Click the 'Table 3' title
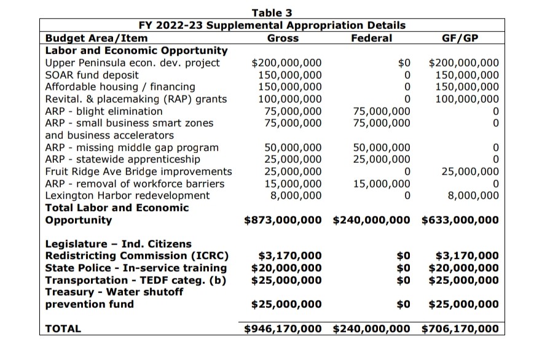coord(272,13)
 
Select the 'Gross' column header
coord(283,38)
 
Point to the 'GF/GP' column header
coord(461,38)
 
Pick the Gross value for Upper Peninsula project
coord(287,63)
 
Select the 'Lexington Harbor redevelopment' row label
coord(127,195)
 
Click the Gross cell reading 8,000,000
coord(296,195)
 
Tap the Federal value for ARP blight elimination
coord(382,111)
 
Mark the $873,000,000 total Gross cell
coord(283,220)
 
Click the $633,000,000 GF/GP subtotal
coord(460,220)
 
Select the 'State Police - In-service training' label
coord(136,268)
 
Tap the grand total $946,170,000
coord(283,329)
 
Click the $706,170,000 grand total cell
coord(460,329)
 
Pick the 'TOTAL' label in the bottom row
coord(63,329)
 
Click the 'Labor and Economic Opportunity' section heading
coord(136,50)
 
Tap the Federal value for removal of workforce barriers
coord(382,184)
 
